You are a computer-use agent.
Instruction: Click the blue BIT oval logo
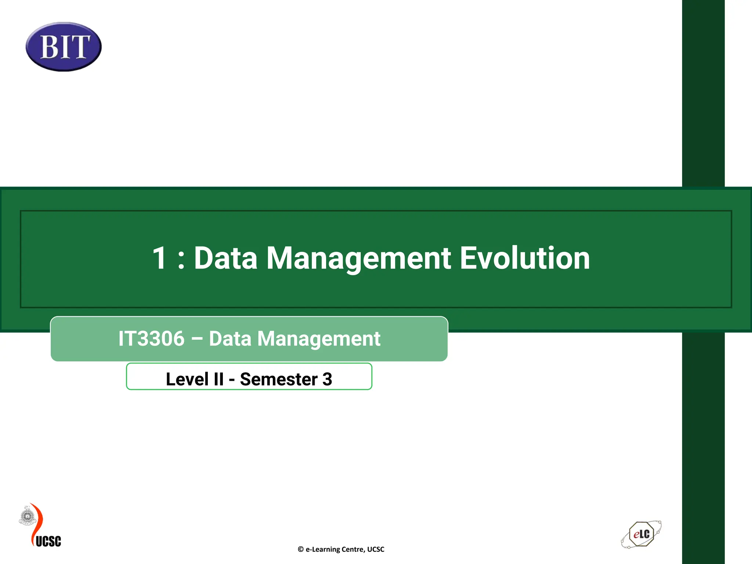coord(64,47)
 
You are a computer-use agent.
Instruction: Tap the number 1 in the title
coord(160,258)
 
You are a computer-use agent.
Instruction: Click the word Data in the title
coord(225,258)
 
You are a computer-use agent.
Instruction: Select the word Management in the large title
coord(358,258)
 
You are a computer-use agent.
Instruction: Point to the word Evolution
coord(525,258)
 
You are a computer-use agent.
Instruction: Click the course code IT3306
coord(151,339)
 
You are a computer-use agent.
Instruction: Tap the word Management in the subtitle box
coord(319,339)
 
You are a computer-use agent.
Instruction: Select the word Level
coord(187,379)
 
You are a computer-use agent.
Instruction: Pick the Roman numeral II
coord(218,379)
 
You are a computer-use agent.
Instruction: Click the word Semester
coord(279,379)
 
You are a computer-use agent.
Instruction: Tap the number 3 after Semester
coord(327,379)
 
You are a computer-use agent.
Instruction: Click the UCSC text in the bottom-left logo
coord(48,541)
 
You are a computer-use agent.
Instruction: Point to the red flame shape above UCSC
coord(37,521)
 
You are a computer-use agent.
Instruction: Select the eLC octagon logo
coord(641,534)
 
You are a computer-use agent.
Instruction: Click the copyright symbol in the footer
coord(300,549)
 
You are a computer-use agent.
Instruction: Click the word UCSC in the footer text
coord(376,549)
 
